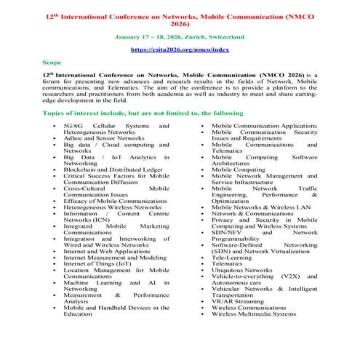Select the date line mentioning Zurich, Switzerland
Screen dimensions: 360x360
[180, 36]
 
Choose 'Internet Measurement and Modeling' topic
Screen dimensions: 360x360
[114, 257]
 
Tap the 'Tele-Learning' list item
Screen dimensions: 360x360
[233, 257]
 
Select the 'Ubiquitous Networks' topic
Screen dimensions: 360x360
[242, 270]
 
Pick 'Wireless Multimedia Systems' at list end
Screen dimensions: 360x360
[254, 316]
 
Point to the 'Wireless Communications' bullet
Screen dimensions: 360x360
[249, 309]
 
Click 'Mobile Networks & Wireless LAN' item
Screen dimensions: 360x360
[261, 207]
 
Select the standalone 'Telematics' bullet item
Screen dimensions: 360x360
[230, 263]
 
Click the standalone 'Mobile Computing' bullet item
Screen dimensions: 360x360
[239, 168]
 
